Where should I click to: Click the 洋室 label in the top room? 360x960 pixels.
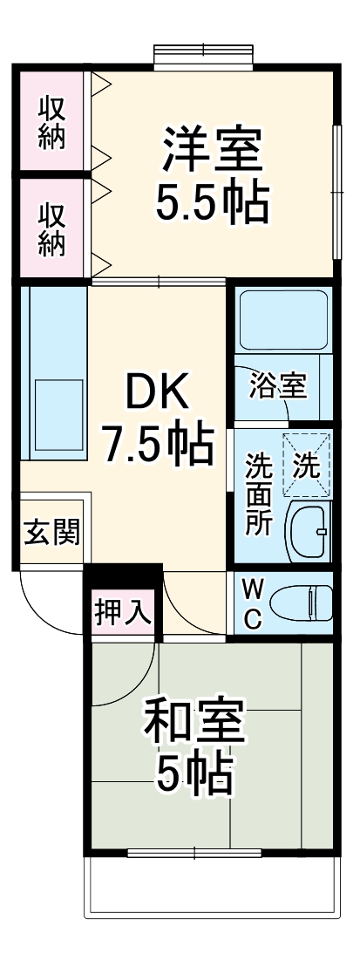211,150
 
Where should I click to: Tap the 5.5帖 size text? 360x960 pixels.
211,202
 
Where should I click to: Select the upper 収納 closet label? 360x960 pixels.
52,123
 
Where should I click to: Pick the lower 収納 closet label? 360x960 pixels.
52,228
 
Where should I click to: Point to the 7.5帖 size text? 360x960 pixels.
157,445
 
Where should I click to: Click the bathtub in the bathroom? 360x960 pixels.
282,320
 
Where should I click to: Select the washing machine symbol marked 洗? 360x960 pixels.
305,465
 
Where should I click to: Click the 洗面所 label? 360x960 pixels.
259,494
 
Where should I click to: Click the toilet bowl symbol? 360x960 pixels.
301,602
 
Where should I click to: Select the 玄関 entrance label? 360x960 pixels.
51,532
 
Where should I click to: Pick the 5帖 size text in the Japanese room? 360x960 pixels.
194,772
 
